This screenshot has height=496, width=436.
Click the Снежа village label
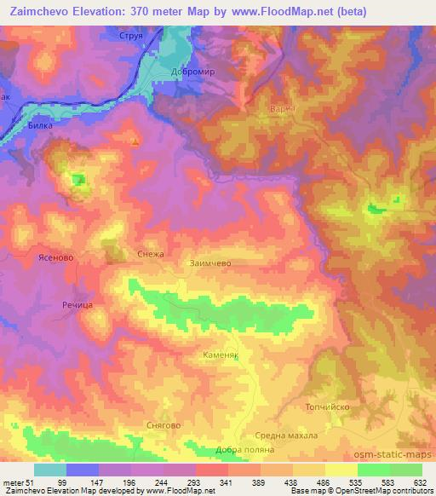[x=150, y=254]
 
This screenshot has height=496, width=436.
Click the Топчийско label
[x=327, y=407]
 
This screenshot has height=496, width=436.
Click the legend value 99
[x=83, y=482]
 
